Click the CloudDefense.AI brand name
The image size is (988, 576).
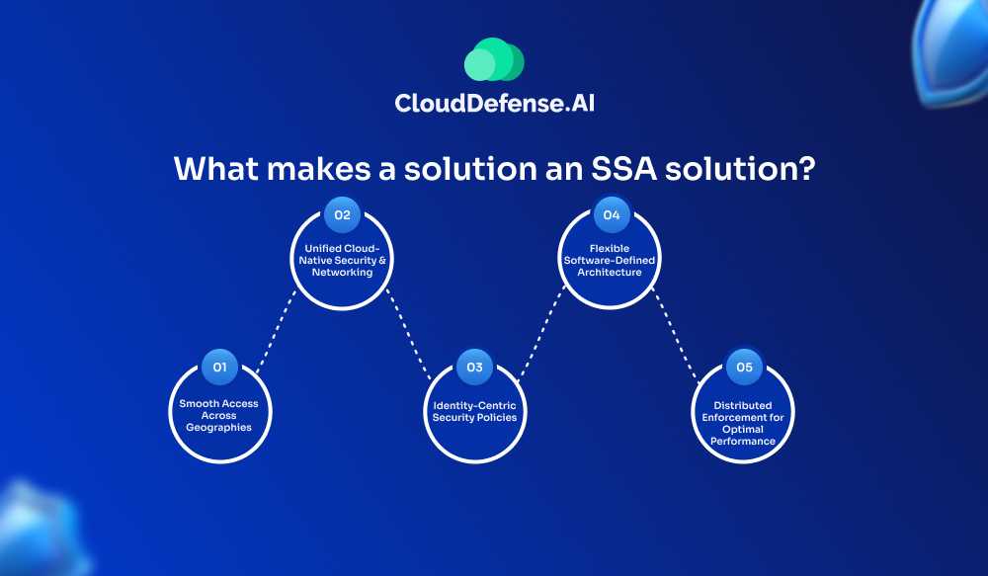(x=494, y=103)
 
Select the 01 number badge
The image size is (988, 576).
(x=219, y=368)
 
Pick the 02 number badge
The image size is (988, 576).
(x=342, y=214)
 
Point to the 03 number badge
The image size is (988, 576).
(x=474, y=368)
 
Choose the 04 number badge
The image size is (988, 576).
(x=611, y=214)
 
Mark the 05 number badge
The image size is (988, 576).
(x=744, y=368)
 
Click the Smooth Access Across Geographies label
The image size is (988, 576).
(x=218, y=416)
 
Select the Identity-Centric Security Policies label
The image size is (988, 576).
(x=474, y=411)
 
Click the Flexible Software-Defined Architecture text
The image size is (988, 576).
(x=610, y=260)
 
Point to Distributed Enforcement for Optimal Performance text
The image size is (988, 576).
(x=743, y=423)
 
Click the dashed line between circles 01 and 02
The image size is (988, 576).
(x=276, y=333)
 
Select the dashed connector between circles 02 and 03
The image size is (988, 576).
(x=408, y=333)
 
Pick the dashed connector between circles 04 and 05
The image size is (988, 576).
(x=677, y=333)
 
